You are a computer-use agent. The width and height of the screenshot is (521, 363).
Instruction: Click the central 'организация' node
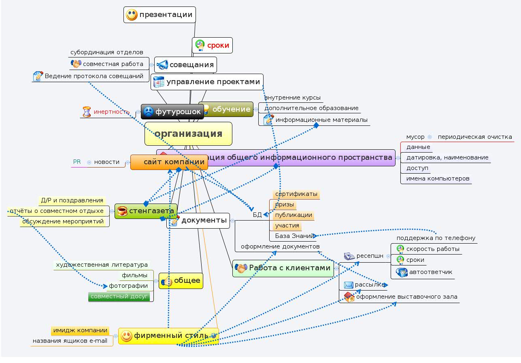pyautogui.click(x=188, y=134)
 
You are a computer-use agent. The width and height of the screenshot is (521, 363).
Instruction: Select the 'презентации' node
pyautogui.click(x=159, y=15)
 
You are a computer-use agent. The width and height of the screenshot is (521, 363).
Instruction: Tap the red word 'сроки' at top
pyautogui.click(x=218, y=45)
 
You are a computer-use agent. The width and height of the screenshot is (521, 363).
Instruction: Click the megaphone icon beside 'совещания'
pyautogui.click(x=162, y=65)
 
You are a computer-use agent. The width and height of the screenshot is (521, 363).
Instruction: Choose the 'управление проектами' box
pyautogui.click(x=207, y=82)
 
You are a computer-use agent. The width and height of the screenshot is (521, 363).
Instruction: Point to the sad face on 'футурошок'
pyautogui.click(x=149, y=111)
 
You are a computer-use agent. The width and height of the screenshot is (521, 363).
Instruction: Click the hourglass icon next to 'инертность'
pyautogui.click(x=87, y=112)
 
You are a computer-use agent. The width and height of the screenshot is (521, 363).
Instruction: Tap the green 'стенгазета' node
pyautogui.click(x=146, y=211)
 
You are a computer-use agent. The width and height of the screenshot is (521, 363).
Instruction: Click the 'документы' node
pyautogui.click(x=198, y=221)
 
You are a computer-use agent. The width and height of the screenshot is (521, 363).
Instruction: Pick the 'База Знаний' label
pyautogui.click(x=294, y=236)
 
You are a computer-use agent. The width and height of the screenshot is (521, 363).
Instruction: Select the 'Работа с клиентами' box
pyautogui.click(x=283, y=268)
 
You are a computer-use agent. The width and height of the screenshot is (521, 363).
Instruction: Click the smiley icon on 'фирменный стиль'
pyautogui.click(x=127, y=335)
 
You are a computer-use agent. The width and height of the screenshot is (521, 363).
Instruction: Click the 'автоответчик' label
pyautogui.click(x=430, y=272)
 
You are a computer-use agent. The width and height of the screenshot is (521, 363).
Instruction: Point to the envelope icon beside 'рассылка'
pyautogui.click(x=349, y=285)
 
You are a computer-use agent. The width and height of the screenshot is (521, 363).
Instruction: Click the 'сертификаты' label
pyautogui.click(x=296, y=194)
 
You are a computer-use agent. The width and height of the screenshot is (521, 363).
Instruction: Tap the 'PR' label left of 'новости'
pyautogui.click(x=77, y=162)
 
